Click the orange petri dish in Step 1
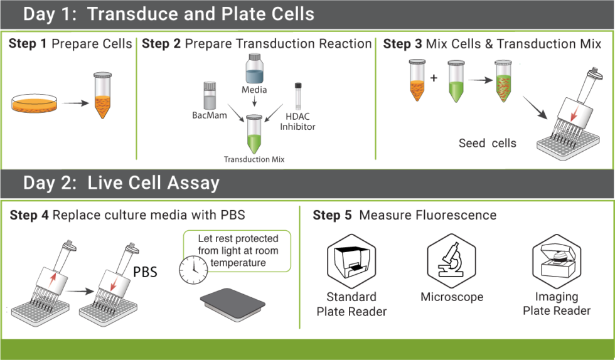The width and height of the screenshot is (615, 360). (36, 103)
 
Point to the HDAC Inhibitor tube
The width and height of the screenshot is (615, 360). (299, 97)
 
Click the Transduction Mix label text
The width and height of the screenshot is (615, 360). (254, 159)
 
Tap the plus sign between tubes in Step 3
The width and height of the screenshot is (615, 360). (434, 78)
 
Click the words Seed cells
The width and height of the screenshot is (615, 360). (487, 143)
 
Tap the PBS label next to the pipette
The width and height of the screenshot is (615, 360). (145, 272)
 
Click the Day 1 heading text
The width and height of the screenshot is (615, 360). (169, 14)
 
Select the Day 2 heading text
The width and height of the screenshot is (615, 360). (121, 183)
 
